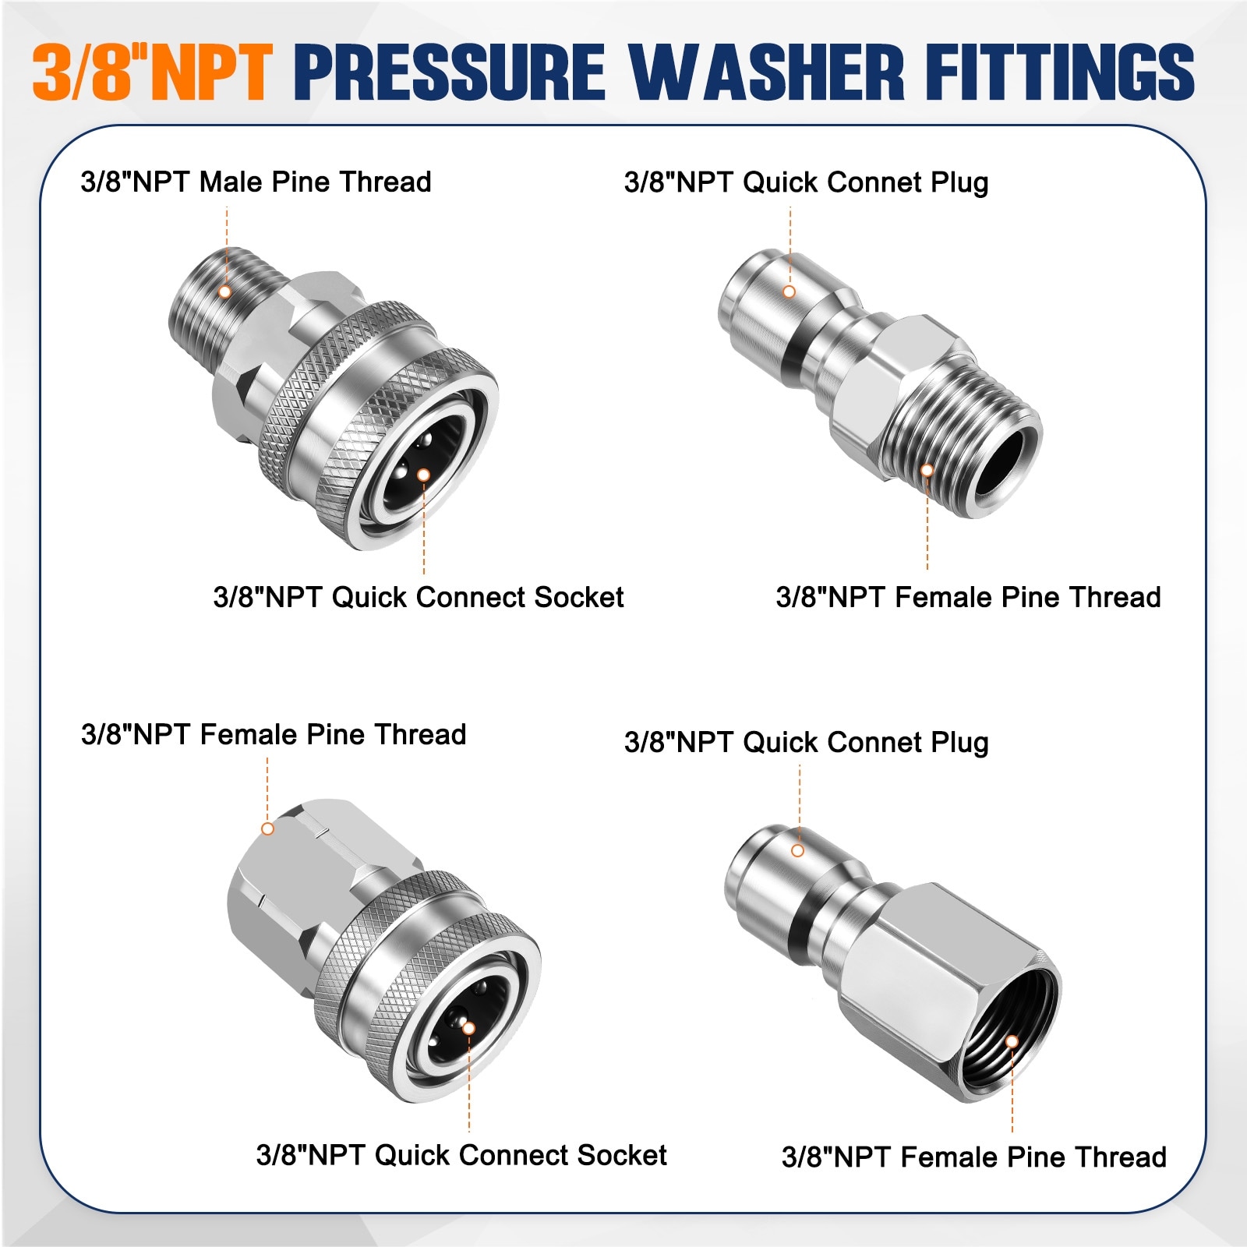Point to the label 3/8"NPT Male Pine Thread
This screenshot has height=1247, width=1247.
256,182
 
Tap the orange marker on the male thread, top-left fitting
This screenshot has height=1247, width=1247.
225,291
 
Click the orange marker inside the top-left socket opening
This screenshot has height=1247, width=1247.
423,475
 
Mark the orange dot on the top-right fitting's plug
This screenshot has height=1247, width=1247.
789,291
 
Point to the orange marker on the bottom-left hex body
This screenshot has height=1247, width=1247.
267,828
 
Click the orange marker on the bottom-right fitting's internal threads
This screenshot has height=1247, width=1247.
1012,1041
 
